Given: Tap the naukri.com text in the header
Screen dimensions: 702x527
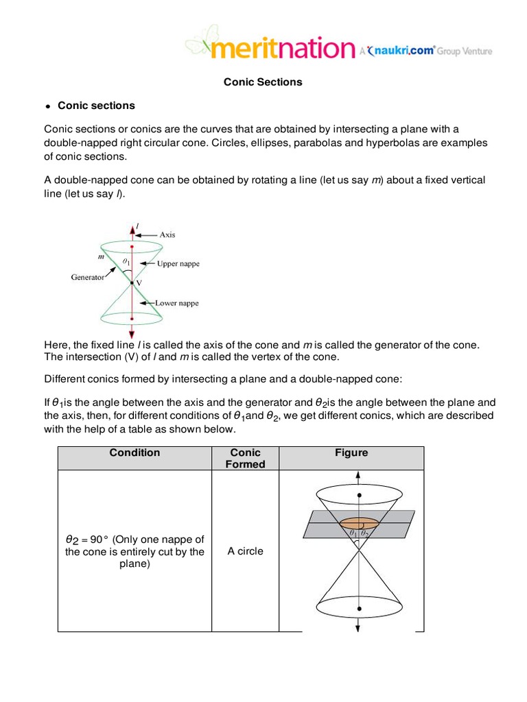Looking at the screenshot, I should click(405, 50).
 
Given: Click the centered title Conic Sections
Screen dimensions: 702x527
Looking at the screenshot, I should click(263, 82).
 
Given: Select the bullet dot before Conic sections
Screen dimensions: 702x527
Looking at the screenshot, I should click(48, 107).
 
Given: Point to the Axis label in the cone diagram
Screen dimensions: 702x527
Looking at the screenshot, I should click(167, 234).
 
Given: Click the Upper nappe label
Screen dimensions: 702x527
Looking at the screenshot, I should click(178, 264).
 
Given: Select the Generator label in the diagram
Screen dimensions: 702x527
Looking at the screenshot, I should click(87, 278).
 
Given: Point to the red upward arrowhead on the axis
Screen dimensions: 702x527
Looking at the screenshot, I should click(131, 228).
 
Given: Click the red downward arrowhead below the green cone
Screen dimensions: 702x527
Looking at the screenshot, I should click(131, 332).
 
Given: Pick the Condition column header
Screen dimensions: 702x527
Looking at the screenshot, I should click(134, 453).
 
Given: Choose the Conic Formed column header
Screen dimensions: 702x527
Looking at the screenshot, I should click(246, 459).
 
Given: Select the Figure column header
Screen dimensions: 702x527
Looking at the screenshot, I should click(351, 453).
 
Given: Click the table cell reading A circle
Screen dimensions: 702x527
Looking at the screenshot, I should click(246, 551).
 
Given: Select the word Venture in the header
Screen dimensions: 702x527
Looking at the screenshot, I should click(476, 51).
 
